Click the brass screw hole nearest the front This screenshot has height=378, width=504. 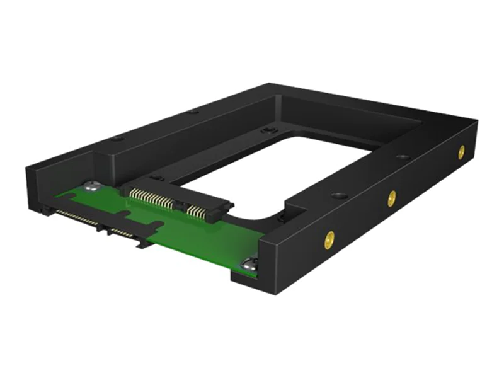[x=328, y=239]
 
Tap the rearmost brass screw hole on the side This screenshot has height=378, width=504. [x=461, y=151]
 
